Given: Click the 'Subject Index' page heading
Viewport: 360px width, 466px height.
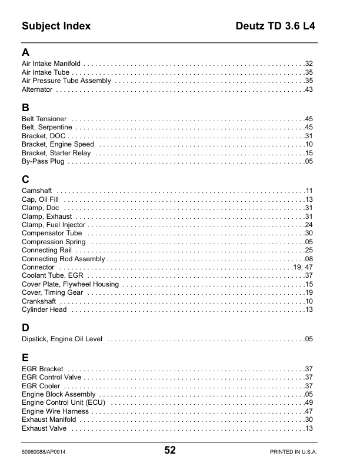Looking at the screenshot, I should (56, 26).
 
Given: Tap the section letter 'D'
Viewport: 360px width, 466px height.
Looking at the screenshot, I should (25, 327).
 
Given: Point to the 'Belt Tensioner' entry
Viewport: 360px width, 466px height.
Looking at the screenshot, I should (44, 119).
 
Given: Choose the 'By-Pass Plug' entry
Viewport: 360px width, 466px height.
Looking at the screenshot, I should (43, 161).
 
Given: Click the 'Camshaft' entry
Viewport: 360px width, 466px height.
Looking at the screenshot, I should (37, 191).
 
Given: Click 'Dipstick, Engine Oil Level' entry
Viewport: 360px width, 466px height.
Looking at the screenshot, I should (62, 339).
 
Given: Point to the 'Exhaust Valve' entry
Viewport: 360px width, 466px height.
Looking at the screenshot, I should (44, 428).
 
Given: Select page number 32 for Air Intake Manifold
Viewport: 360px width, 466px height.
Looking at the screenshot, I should (308, 64).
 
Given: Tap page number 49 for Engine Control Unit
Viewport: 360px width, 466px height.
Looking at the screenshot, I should (308, 402).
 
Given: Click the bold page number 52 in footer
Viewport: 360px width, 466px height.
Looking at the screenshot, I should (170, 451).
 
